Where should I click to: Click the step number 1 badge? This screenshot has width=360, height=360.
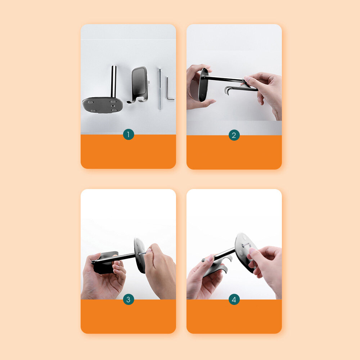pyautogui.click(x=129, y=135)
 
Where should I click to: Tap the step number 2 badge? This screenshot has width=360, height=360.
pyautogui.click(x=234, y=135)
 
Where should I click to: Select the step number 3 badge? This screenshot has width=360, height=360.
pyautogui.click(x=129, y=300)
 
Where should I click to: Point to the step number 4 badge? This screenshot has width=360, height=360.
pyautogui.click(x=234, y=300)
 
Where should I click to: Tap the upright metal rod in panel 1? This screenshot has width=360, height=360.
pyautogui.click(x=113, y=81)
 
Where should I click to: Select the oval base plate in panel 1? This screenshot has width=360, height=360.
pyautogui.click(x=102, y=105)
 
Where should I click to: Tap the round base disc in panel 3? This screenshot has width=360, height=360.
pyautogui.click(x=140, y=255)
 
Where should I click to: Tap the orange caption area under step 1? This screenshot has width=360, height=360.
pyautogui.click(x=129, y=152)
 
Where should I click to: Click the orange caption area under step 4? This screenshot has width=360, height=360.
pyautogui.click(x=234, y=317)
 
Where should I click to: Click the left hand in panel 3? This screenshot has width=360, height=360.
pyautogui.click(x=103, y=278)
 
